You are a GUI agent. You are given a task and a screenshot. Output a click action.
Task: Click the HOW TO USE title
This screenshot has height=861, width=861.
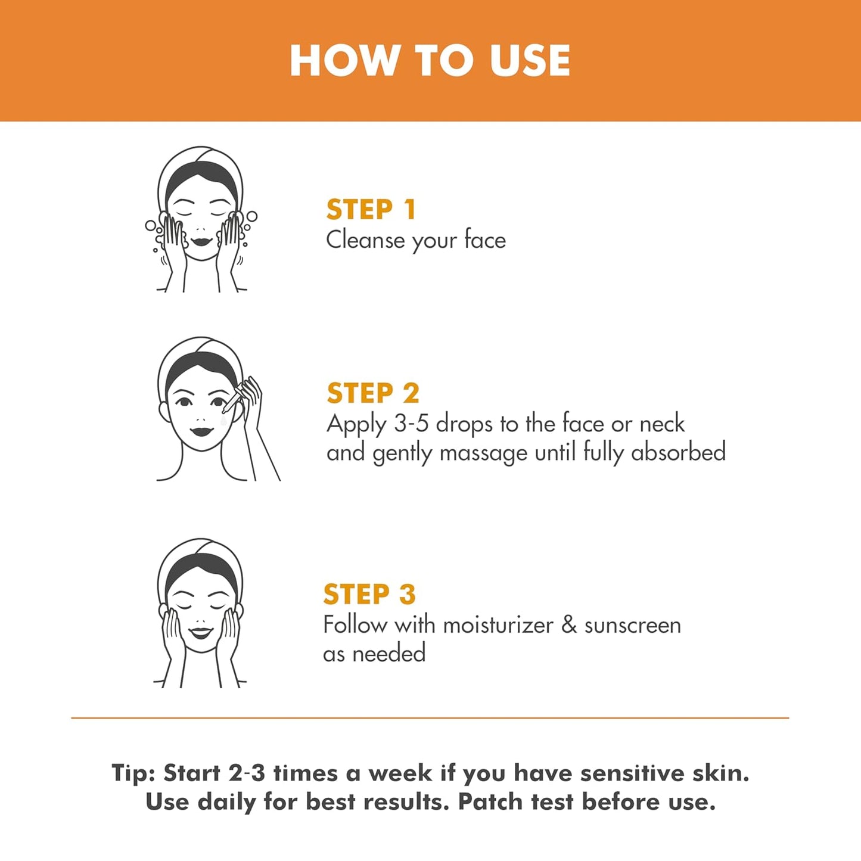tap(430, 60)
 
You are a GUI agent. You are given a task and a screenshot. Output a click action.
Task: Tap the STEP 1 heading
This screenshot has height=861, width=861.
tap(371, 210)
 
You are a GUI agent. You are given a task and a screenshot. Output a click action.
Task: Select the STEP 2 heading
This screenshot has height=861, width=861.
tap(373, 393)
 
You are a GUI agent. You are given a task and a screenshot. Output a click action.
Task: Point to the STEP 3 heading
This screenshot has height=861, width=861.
tap(369, 594)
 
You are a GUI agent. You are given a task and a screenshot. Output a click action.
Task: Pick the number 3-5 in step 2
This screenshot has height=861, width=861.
tap(411, 424)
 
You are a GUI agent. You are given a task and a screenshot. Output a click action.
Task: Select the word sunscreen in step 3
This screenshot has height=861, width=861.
tap(632, 625)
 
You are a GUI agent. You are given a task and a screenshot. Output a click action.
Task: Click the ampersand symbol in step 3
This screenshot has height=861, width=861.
tap(569, 625)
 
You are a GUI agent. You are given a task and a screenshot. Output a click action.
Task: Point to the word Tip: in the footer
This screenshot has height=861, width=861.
tap(133, 773)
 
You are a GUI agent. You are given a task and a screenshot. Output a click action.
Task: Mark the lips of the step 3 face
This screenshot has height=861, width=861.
tap(200, 632)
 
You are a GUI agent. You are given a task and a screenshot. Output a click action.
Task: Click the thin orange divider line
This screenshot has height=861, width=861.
tap(430, 718)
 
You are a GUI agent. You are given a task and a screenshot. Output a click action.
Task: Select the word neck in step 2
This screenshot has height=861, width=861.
tap(662, 424)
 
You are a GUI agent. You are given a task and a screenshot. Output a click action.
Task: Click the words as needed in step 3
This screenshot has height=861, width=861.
tap(374, 654)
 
